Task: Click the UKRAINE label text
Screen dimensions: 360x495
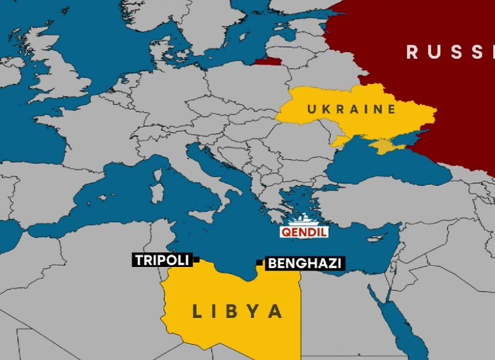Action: (x=351, y=109)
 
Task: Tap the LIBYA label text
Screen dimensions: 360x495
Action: (x=237, y=311)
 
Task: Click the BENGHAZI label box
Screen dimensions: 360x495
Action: (x=305, y=263)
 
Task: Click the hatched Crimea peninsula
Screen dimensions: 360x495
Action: (x=382, y=146)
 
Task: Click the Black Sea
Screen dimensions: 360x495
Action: (x=384, y=168)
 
